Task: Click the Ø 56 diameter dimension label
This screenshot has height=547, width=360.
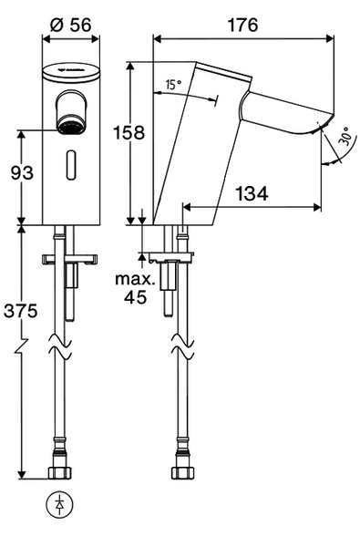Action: (71, 25)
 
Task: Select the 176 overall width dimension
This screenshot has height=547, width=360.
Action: (242, 26)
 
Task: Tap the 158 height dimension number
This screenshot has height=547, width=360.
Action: (129, 132)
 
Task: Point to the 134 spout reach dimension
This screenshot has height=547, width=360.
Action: (252, 193)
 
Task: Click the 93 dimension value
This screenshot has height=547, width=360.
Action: (22, 172)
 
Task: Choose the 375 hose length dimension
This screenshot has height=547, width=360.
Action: (20, 311)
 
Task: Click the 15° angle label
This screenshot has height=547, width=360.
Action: (173, 84)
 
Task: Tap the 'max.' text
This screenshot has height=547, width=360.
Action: (135, 280)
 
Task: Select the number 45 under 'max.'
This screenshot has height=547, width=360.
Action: (136, 297)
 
